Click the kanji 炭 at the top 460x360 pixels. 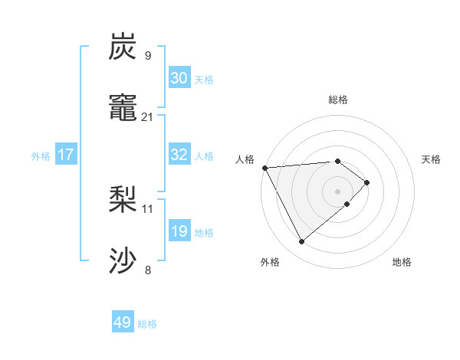[x=123, y=47]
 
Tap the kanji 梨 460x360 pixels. [x=123, y=200]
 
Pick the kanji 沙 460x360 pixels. [x=123, y=260]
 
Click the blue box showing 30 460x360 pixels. [x=179, y=77]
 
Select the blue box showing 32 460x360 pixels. [x=179, y=155]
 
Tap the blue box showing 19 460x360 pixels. [x=179, y=231]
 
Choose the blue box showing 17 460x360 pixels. [x=66, y=155]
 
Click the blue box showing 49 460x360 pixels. [x=123, y=322]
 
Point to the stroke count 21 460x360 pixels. [x=148, y=117]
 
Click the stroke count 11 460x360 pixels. [x=148, y=208]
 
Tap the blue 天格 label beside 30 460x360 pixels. [x=204, y=79]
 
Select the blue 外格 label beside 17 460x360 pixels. [x=41, y=155]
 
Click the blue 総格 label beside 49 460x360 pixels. [x=148, y=324]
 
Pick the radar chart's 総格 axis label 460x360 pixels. [x=337, y=100]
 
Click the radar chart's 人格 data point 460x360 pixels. [x=264, y=167]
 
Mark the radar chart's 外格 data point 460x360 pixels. [x=301, y=242]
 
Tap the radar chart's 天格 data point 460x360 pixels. [x=368, y=182]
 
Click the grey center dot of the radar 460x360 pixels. [x=337, y=191]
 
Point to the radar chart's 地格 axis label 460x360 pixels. [x=402, y=262]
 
